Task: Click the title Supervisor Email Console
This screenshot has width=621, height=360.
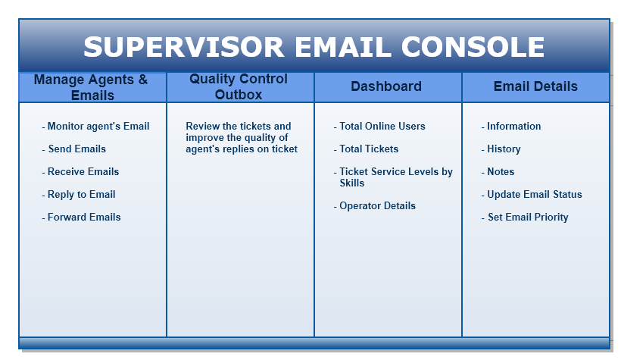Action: (x=314, y=47)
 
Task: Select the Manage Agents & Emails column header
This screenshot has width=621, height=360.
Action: (x=92, y=87)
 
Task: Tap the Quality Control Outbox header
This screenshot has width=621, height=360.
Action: (x=239, y=87)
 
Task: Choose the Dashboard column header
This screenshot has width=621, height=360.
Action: (x=386, y=86)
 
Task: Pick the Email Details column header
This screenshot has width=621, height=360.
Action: (x=535, y=86)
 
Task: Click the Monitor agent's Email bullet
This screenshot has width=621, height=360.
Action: (x=96, y=127)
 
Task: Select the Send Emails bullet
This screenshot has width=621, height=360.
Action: (x=74, y=149)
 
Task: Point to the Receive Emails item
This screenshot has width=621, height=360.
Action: (x=81, y=172)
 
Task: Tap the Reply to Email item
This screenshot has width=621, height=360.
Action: (x=79, y=195)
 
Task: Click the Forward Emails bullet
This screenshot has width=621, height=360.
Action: (x=82, y=218)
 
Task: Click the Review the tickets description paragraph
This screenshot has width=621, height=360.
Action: (x=241, y=138)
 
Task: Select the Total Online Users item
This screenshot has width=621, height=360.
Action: (x=380, y=127)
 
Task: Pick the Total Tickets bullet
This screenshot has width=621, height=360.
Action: (x=367, y=149)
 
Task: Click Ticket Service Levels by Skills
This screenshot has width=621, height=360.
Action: (x=394, y=177)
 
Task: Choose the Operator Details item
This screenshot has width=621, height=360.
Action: (x=375, y=206)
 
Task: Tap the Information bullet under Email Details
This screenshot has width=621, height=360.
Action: (x=511, y=127)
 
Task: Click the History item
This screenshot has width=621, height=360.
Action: (x=501, y=149)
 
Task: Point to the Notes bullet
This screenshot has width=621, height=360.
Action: (x=498, y=172)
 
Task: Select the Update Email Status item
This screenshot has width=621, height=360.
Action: (x=532, y=195)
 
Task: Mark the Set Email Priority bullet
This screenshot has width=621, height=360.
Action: (x=525, y=218)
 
